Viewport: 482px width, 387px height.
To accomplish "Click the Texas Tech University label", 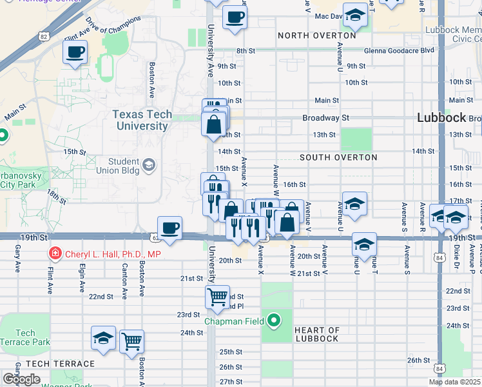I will click(x=142, y=120).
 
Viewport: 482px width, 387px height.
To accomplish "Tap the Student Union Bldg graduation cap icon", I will click(x=149, y=165).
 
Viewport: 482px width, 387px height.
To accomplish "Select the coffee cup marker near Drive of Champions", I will click(x=75, y=52).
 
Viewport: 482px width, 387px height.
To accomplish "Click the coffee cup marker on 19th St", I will click(x=169, y=228).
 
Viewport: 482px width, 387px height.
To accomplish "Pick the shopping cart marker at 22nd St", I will click(x=217, y=297).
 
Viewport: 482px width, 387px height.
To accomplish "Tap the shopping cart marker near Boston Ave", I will click(x=131, y=341).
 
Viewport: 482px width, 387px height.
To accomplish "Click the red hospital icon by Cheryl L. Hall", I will click(x=55, y=253).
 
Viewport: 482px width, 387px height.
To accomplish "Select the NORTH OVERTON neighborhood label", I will click(x=317, y=35).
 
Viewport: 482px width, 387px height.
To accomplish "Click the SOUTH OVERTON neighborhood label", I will click(x=338, y=157).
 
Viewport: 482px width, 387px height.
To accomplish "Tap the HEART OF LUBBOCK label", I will click(x=316, y=334).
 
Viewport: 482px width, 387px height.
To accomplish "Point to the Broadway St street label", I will click(x=325, y=118).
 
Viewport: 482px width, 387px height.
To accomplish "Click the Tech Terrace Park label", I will click(x=25, y=337).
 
